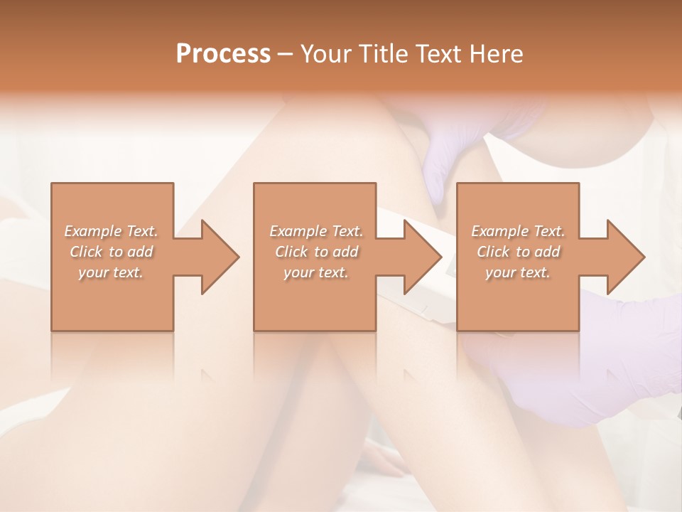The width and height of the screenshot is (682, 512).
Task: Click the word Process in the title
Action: click(223, 54)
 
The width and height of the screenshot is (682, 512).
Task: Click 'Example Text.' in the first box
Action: click(111, 231)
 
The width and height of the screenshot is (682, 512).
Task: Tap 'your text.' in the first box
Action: click(111, 272)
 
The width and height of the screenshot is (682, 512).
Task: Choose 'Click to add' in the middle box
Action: click(316, 252)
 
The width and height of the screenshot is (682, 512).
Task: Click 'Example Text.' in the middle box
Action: click(316, 231)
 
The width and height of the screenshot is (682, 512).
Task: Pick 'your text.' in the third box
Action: click(518, 272)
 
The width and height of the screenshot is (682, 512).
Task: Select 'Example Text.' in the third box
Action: click(518, 231)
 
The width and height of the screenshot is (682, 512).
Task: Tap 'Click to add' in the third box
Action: click(518, 252)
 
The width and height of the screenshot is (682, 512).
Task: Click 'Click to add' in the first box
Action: click(111, 252)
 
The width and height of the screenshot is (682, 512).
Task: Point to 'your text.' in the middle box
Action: click(316, 272)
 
